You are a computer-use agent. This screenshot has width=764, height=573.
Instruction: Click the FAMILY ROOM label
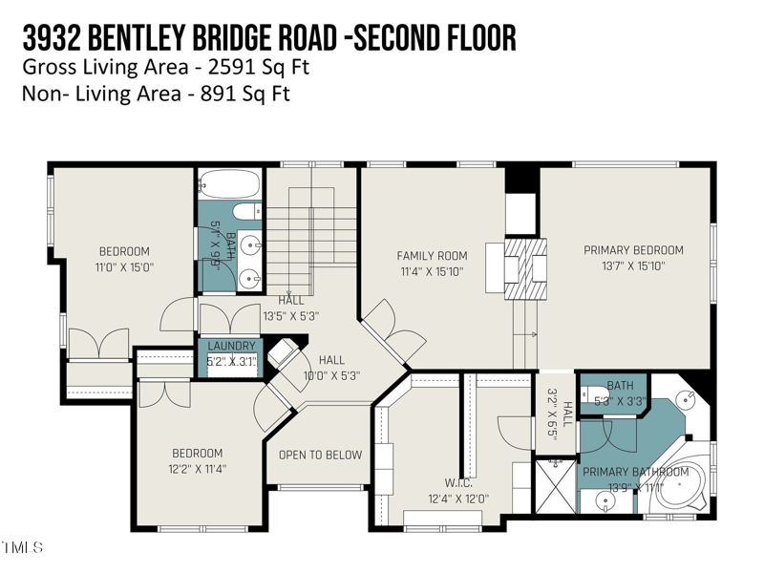tap(432, 255)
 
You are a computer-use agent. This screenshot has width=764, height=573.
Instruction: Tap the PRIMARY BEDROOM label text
tap(633, 250)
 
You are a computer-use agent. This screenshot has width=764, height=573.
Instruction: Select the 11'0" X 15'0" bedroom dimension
tap(124, 267)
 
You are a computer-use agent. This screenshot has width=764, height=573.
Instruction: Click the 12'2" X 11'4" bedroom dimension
tap(197, 469)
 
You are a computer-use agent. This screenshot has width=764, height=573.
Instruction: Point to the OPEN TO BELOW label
tap(320, 455)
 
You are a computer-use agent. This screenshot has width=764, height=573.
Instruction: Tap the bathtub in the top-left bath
tap(229, 184)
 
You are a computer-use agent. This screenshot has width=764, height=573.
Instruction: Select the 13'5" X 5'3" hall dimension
tap(290, 315)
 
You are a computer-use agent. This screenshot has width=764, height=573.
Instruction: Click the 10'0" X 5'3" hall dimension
tap(330, 375)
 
